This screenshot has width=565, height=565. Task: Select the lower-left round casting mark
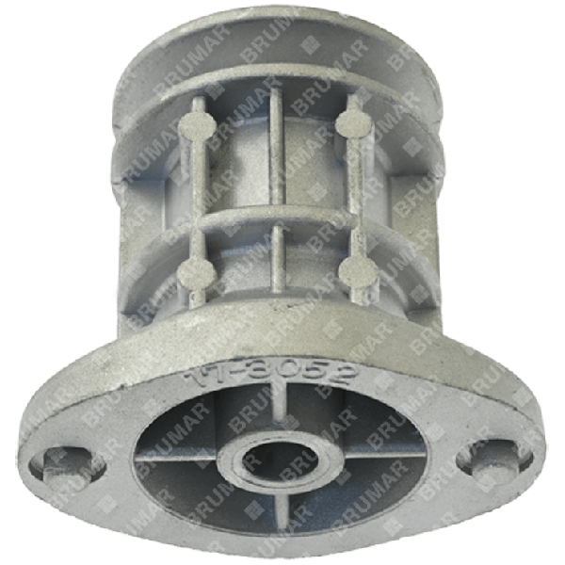[x=198, y=275]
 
